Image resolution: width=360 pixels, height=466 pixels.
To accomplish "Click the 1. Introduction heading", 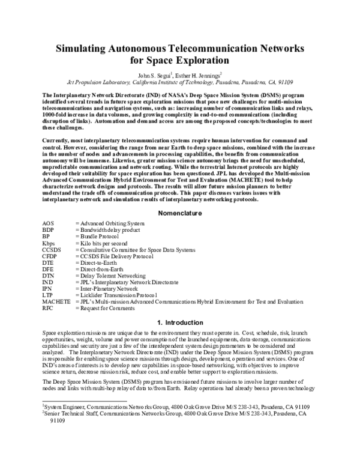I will click(179, 322).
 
